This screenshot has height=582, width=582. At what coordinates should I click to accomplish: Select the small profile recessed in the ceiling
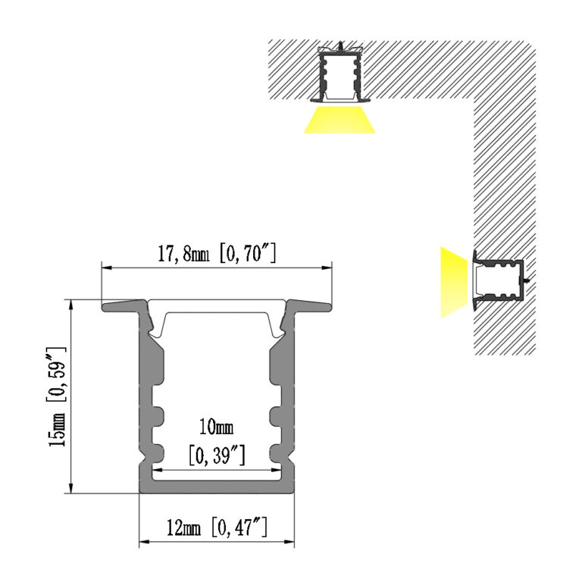340,74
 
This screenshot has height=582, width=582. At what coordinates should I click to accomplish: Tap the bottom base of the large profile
217,487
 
